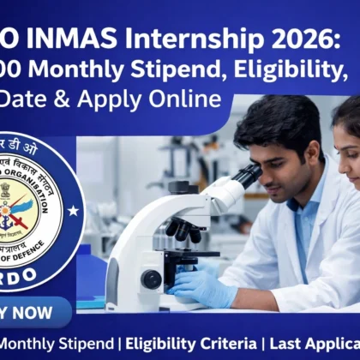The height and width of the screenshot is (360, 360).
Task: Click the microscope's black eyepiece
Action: (248, 175)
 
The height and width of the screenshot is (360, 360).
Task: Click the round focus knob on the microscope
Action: (153, 279)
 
